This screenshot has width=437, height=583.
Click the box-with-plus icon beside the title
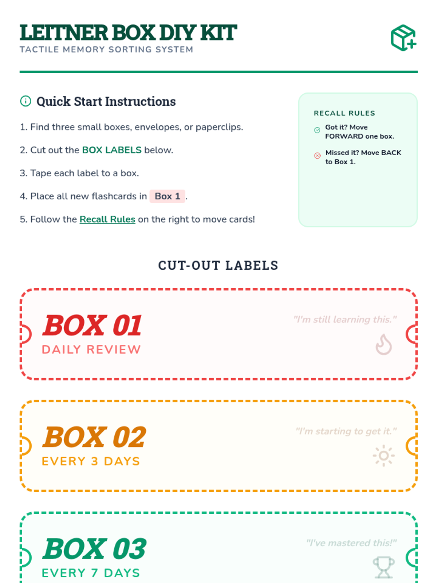coord(403,38)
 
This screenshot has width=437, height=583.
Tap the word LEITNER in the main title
coord(64,33)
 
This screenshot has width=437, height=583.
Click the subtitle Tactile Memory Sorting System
coord(106,50)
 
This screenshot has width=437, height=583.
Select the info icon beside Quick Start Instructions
coord(25,101)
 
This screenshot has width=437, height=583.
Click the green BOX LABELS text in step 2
coord(112,150)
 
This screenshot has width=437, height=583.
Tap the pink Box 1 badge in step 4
coord(167,196)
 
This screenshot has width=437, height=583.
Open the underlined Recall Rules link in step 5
coord(107,219)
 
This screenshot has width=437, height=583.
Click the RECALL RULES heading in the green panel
coord(345,113)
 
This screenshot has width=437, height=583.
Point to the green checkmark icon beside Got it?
coord(317,130)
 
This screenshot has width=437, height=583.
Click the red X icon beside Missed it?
coord(317,156)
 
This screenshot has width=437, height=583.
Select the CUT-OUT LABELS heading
coord(218,265)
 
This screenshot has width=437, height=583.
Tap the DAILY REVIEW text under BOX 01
coord(91,349)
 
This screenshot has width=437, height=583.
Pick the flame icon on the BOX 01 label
coord(383,344)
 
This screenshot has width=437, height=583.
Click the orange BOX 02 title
coord(94,437)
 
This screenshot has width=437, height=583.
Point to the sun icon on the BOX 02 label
coord(384,455)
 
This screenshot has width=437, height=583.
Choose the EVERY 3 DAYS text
coord(91,461)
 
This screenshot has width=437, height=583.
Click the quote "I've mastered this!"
coord(351,543)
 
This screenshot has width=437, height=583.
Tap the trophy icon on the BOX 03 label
coord(384,567)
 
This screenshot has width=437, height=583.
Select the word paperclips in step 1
coord(219,127)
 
